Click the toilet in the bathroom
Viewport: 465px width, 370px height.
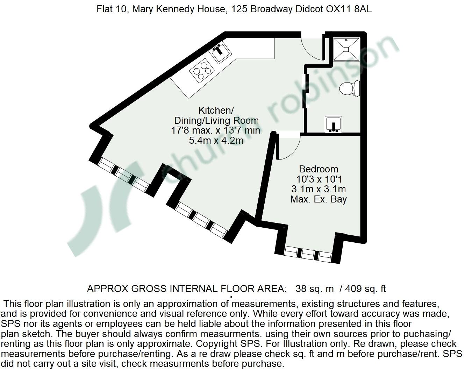tap(349, 87)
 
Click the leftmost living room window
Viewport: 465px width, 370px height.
tap(122, 174)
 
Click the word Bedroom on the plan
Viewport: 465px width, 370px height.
tap(319, 169)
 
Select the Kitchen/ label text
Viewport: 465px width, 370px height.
tap(216, 111)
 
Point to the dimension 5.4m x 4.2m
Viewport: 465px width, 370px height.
tap(216, 141)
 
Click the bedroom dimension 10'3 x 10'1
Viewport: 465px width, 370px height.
tap(319, 179)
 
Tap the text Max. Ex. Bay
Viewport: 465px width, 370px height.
tap(319, 200)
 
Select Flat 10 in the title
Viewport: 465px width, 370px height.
tap(108, 9)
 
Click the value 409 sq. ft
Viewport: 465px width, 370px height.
tap(365, 289)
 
